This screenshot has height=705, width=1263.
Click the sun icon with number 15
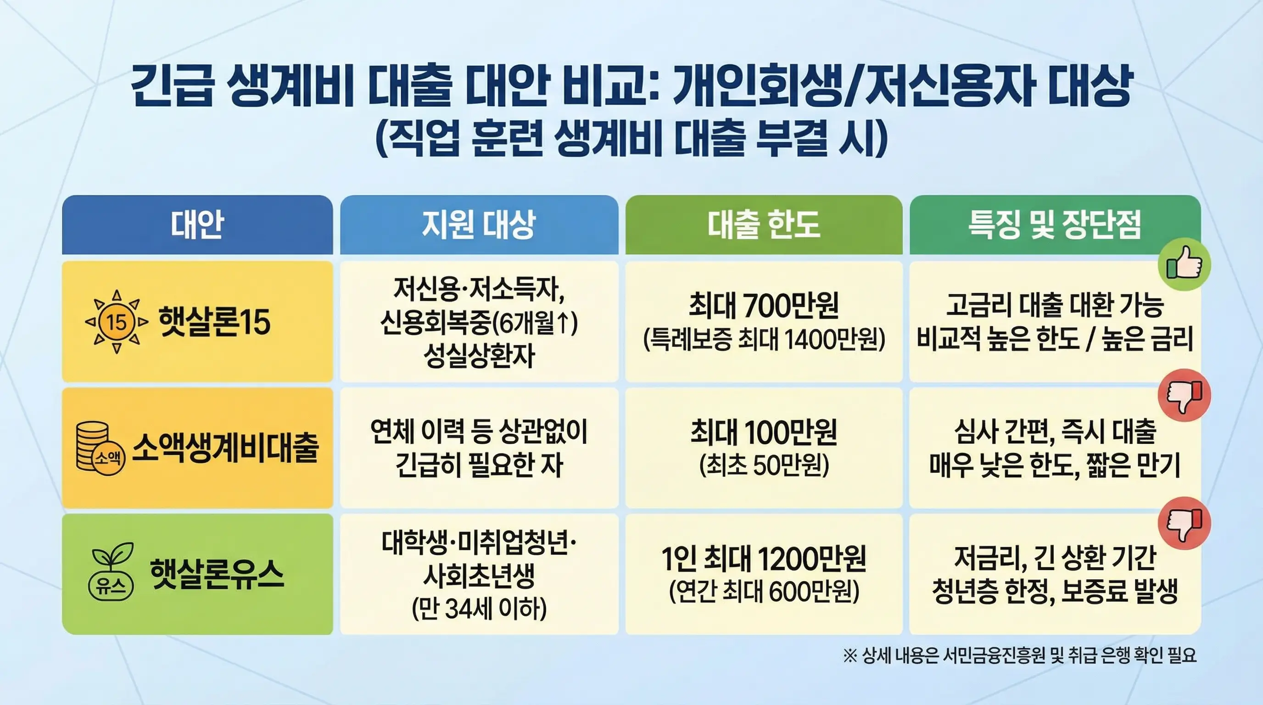pyautogui.click(x=117, y=322)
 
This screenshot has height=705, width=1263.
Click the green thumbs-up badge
pyautogui.click(x=1185, y=265)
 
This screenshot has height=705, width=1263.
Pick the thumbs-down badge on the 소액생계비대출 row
pyautogui.click(x=1185, y=396)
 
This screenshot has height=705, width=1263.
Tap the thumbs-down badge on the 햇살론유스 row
pyautogui.click(x=1185, y=523)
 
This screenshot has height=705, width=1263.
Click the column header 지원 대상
pyautogui.click(x=479, y=225)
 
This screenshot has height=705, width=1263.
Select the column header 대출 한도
pyautogui.click(x=763, y=225)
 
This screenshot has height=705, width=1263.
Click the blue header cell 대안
pyautogui.click(x=197, y=225)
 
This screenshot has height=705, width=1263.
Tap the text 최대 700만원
pyautogui.click(x=763, y=305)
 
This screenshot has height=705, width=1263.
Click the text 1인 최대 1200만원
pyautogui.click(x=763, y=559)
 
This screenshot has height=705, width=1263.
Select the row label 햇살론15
pyautogui.click(x=214, y=322)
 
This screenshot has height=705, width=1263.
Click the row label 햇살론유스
pyautogui.click(x=217, y=574)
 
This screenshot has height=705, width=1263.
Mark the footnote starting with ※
pyautogui.click(x=1020, y=655)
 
